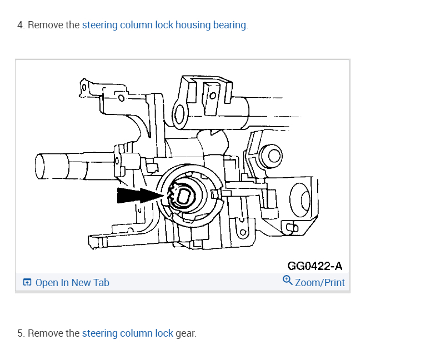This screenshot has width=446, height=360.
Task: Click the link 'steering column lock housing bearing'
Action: tap(164, 25)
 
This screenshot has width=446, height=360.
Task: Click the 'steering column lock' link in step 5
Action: tap(127, 333)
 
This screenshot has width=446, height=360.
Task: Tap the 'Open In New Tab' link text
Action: tap(72, 283)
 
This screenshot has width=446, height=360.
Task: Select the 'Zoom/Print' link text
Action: tap(320, 283)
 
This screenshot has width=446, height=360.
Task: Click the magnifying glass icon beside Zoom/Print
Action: tap(287, 280)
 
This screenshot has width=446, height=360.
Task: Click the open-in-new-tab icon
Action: tap(27, 282)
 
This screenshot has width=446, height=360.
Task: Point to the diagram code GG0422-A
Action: tap(315, 266)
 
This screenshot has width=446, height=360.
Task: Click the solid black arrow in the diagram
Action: tap(140, 196)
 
